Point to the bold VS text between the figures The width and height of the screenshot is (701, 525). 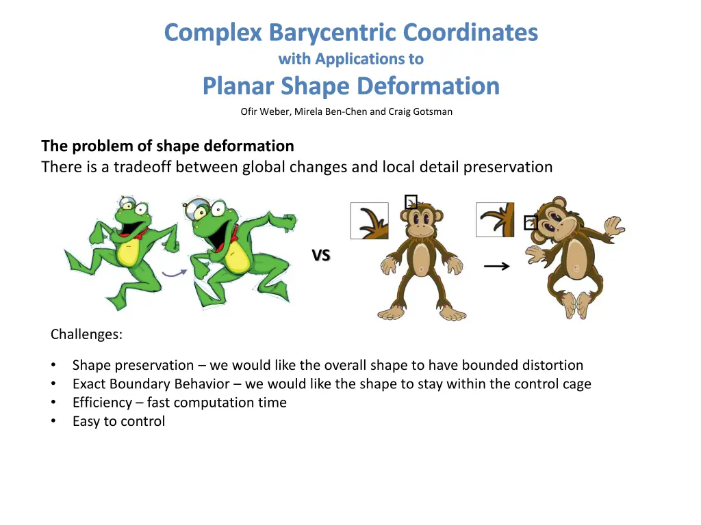click(x=321, y=256)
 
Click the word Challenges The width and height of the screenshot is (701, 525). click(x=86, y=334)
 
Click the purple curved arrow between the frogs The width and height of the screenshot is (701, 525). click(x=175, y=273)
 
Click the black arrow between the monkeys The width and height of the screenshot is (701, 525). click(x=496, y=267)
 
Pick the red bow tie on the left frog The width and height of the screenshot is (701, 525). click(x=142, y=236)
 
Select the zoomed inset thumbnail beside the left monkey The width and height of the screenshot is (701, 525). click(x=369, y=221)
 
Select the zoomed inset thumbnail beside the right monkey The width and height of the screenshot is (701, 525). click(x=494, y=220)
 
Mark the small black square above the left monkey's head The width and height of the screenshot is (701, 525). click(x=411, y=202)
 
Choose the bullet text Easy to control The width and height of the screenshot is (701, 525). click(x=118, y=421)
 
